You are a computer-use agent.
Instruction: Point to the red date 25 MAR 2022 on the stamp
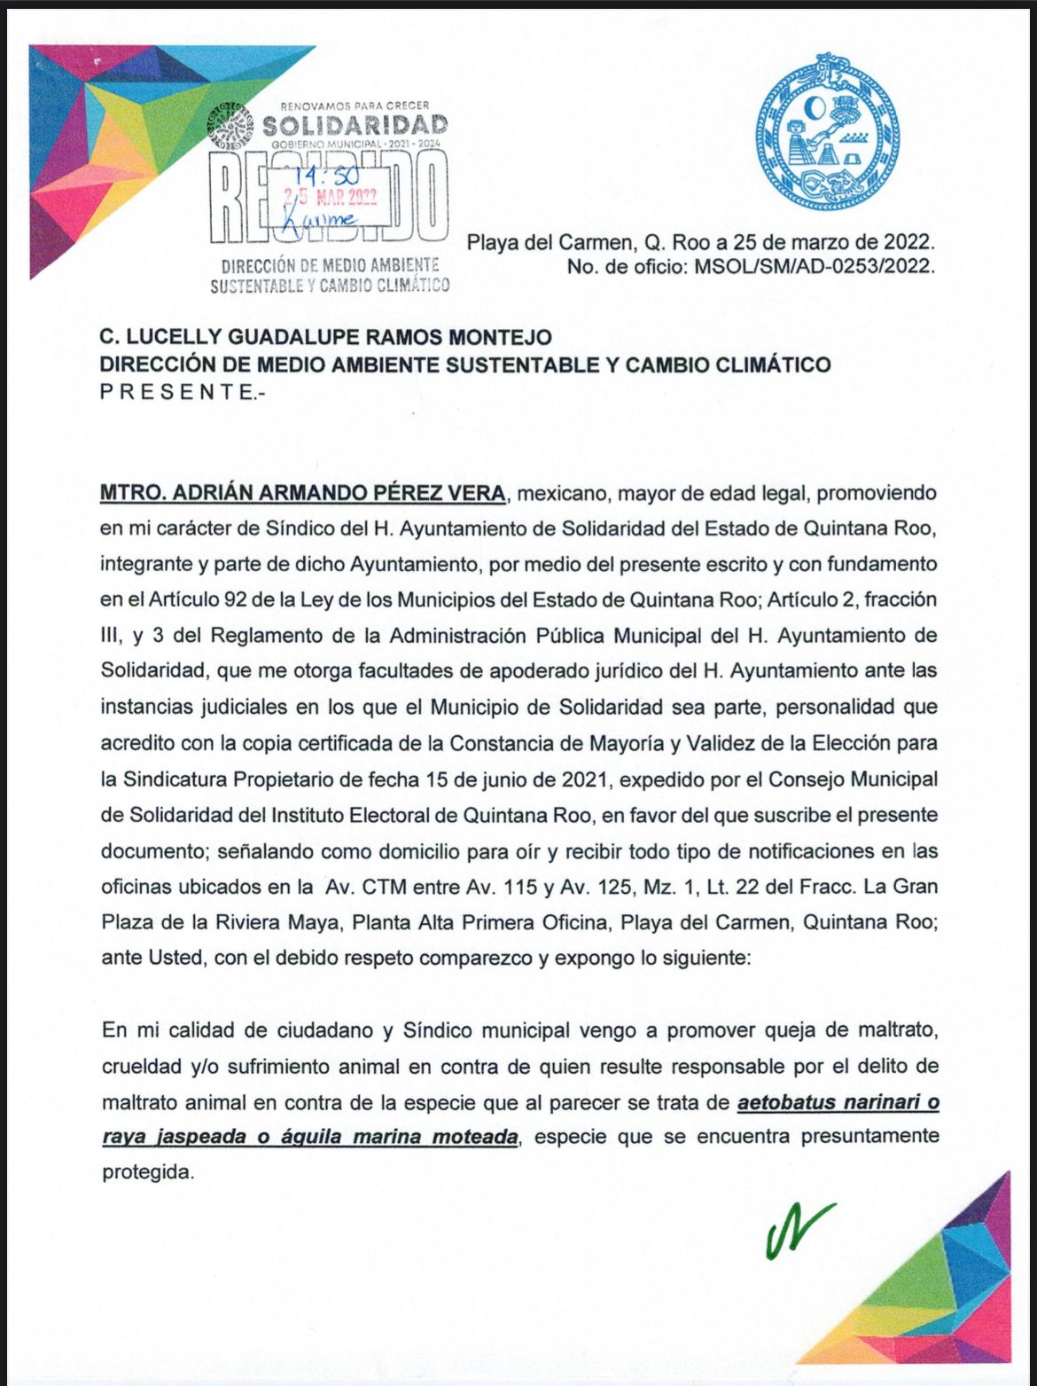pos(331,198)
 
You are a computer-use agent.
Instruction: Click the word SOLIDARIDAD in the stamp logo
pos(355,125)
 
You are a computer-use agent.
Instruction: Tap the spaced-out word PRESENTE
pos(176,392)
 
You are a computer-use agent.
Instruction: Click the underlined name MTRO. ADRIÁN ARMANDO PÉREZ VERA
pos(302,493)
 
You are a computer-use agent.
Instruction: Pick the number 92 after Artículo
pos(235,599)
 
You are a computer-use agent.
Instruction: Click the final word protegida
pos(146,1171)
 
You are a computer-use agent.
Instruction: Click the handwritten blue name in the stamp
pos(319,220)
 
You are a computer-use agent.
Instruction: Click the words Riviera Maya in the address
pos(277,922)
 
